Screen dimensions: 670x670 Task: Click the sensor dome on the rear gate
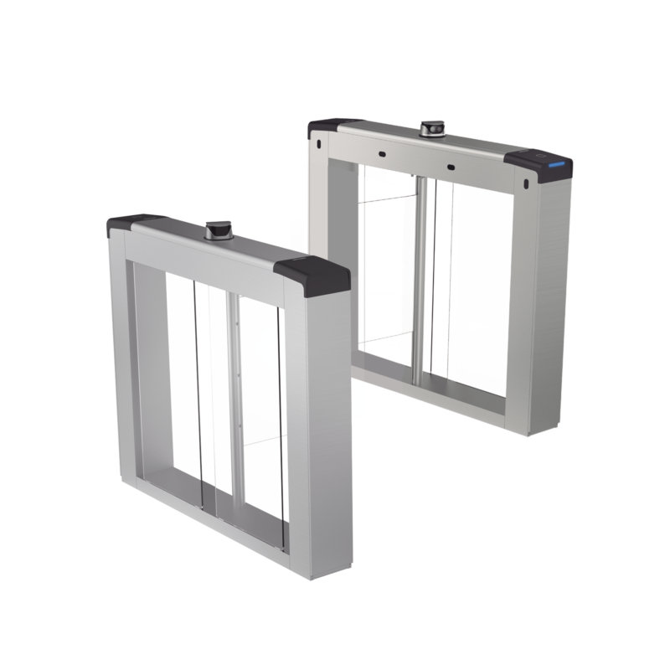[431, 130]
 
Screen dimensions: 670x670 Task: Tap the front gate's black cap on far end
[123, 224]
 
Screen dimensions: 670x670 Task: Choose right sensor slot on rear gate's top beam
[451, 166]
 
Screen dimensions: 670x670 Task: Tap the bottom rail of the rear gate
[435, 386]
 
